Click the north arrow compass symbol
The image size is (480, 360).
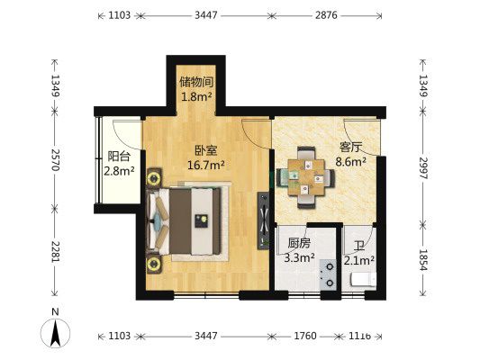pyautogui.click(x=56, y=333)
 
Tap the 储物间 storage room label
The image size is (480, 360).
pyautogui.click(x=196, y=82)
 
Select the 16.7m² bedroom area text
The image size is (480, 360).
pyautogui.click(x=206, y=166)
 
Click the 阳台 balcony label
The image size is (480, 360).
pyautogui.click(x=119, y=157)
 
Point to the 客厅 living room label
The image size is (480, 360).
pyautogui.click(x=350, y=147)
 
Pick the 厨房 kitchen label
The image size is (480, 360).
pyautogui.click(x=299, y=243)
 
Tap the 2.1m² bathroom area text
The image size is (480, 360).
pyautogui.click(x=359, y=261)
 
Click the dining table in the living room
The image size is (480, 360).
pyautogui.click(x=306, y=177)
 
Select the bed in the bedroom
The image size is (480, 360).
pyautogui.click(x=185, y=221)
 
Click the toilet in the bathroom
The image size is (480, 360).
pyautogui.click(x=363, y=279)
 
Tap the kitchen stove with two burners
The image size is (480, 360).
pyautogui.click(x=328, y=274)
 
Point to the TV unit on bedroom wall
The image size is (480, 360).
pyautogui.click(x=263, y=220)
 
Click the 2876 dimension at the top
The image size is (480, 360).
pyautogui.click(x=326, y=15)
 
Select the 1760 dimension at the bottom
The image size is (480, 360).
pyautogui.click(x=305, y=336)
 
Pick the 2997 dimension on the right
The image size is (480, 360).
pyautogui.click(x=422, y=168)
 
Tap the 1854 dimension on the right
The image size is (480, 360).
pyautogui.click(x=422, y=260)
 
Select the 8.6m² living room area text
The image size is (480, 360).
pyautogui.click(x=351, y=161)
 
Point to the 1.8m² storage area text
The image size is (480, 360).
pyautogui.click(x=196, y=96)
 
